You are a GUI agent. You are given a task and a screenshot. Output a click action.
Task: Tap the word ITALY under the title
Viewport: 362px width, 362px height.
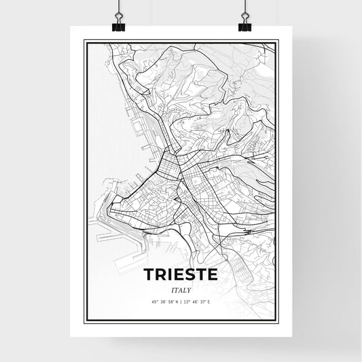pyautogui.click(x=180, y=289)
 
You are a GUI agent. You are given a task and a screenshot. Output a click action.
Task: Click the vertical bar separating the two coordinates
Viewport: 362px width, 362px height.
pyautogui.click(x=181, y=302)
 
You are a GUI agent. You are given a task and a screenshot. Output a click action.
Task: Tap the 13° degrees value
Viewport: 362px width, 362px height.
pyautogui.click(x=186, y=302)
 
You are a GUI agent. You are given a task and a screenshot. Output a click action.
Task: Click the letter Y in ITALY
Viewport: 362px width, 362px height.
pyautogui.click(x=189, y=289)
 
